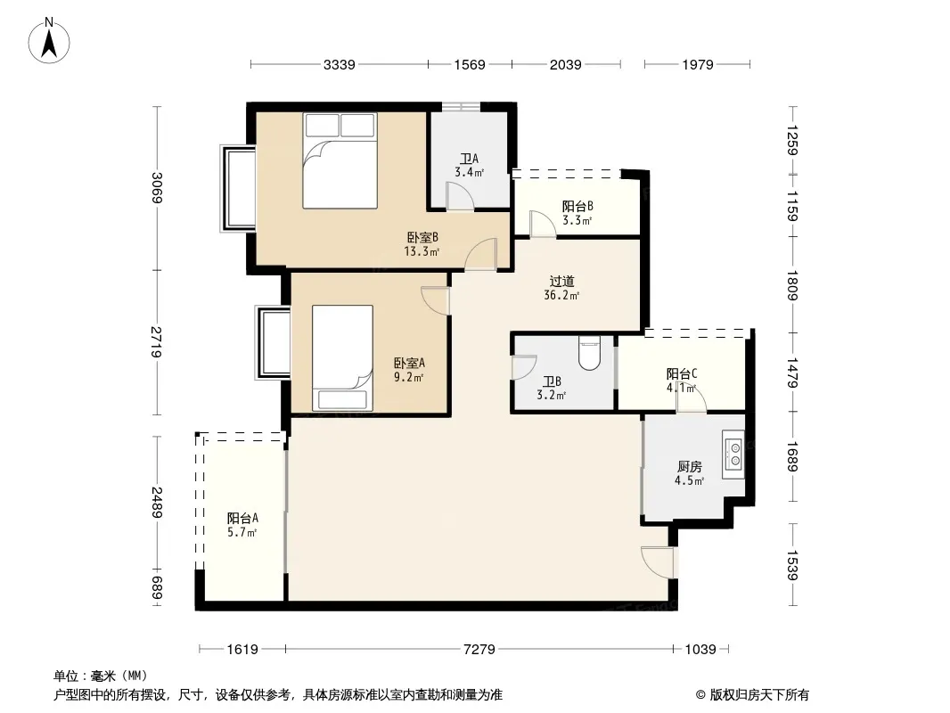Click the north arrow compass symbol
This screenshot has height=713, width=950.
click(x=49, y=41)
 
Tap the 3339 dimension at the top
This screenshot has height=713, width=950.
click(x=340, y=65)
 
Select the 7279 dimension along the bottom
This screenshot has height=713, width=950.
click(x=479, y=650)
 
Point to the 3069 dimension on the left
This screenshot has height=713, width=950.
click(x=157, y=188)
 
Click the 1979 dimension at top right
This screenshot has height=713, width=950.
click(x=698, y=65)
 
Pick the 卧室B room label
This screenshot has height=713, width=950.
click(x=422, y=237)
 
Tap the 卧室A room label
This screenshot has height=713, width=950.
click(x=409, y=363)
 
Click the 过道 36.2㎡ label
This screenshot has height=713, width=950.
click(x=561, y=288)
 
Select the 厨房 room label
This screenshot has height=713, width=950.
click(x=690, y=466)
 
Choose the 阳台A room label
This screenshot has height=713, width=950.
click(x=242, y=518)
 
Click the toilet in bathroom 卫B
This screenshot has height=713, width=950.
click(x=589, y=353)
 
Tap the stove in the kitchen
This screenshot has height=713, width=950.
click(x=733, y=455)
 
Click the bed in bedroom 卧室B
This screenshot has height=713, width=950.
click(x=340, y=160)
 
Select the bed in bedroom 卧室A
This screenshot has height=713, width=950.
click(x=342, y=357)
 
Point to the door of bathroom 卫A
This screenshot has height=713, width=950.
click(x=460, y=196)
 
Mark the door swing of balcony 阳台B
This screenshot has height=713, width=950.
click(x=542, y=224)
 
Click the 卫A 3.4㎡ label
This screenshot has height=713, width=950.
click(x=470, y=166)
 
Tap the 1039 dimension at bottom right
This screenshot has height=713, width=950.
click(x=700, y=650)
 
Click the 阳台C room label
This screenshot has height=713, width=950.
click(x=682, y=373)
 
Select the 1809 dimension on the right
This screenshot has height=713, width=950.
click(x=792, y=285)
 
